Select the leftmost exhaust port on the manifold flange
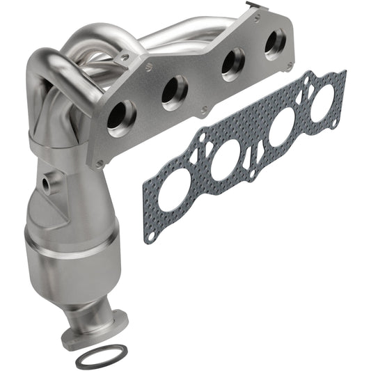pos(119,116)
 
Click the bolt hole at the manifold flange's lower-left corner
pos(100,163)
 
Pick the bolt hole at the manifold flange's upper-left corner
pos(147,68)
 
